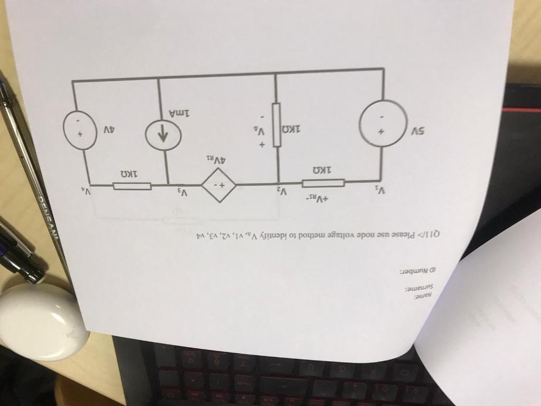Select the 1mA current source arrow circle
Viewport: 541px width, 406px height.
coord(163,135)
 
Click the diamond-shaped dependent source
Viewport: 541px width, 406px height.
coord(219,186)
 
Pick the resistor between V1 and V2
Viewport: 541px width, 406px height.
coord(323,183)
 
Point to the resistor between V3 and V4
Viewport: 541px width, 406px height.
coord(132,186)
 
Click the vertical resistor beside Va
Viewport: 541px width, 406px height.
coord(276,125)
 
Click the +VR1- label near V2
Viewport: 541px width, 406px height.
coord(319,199)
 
